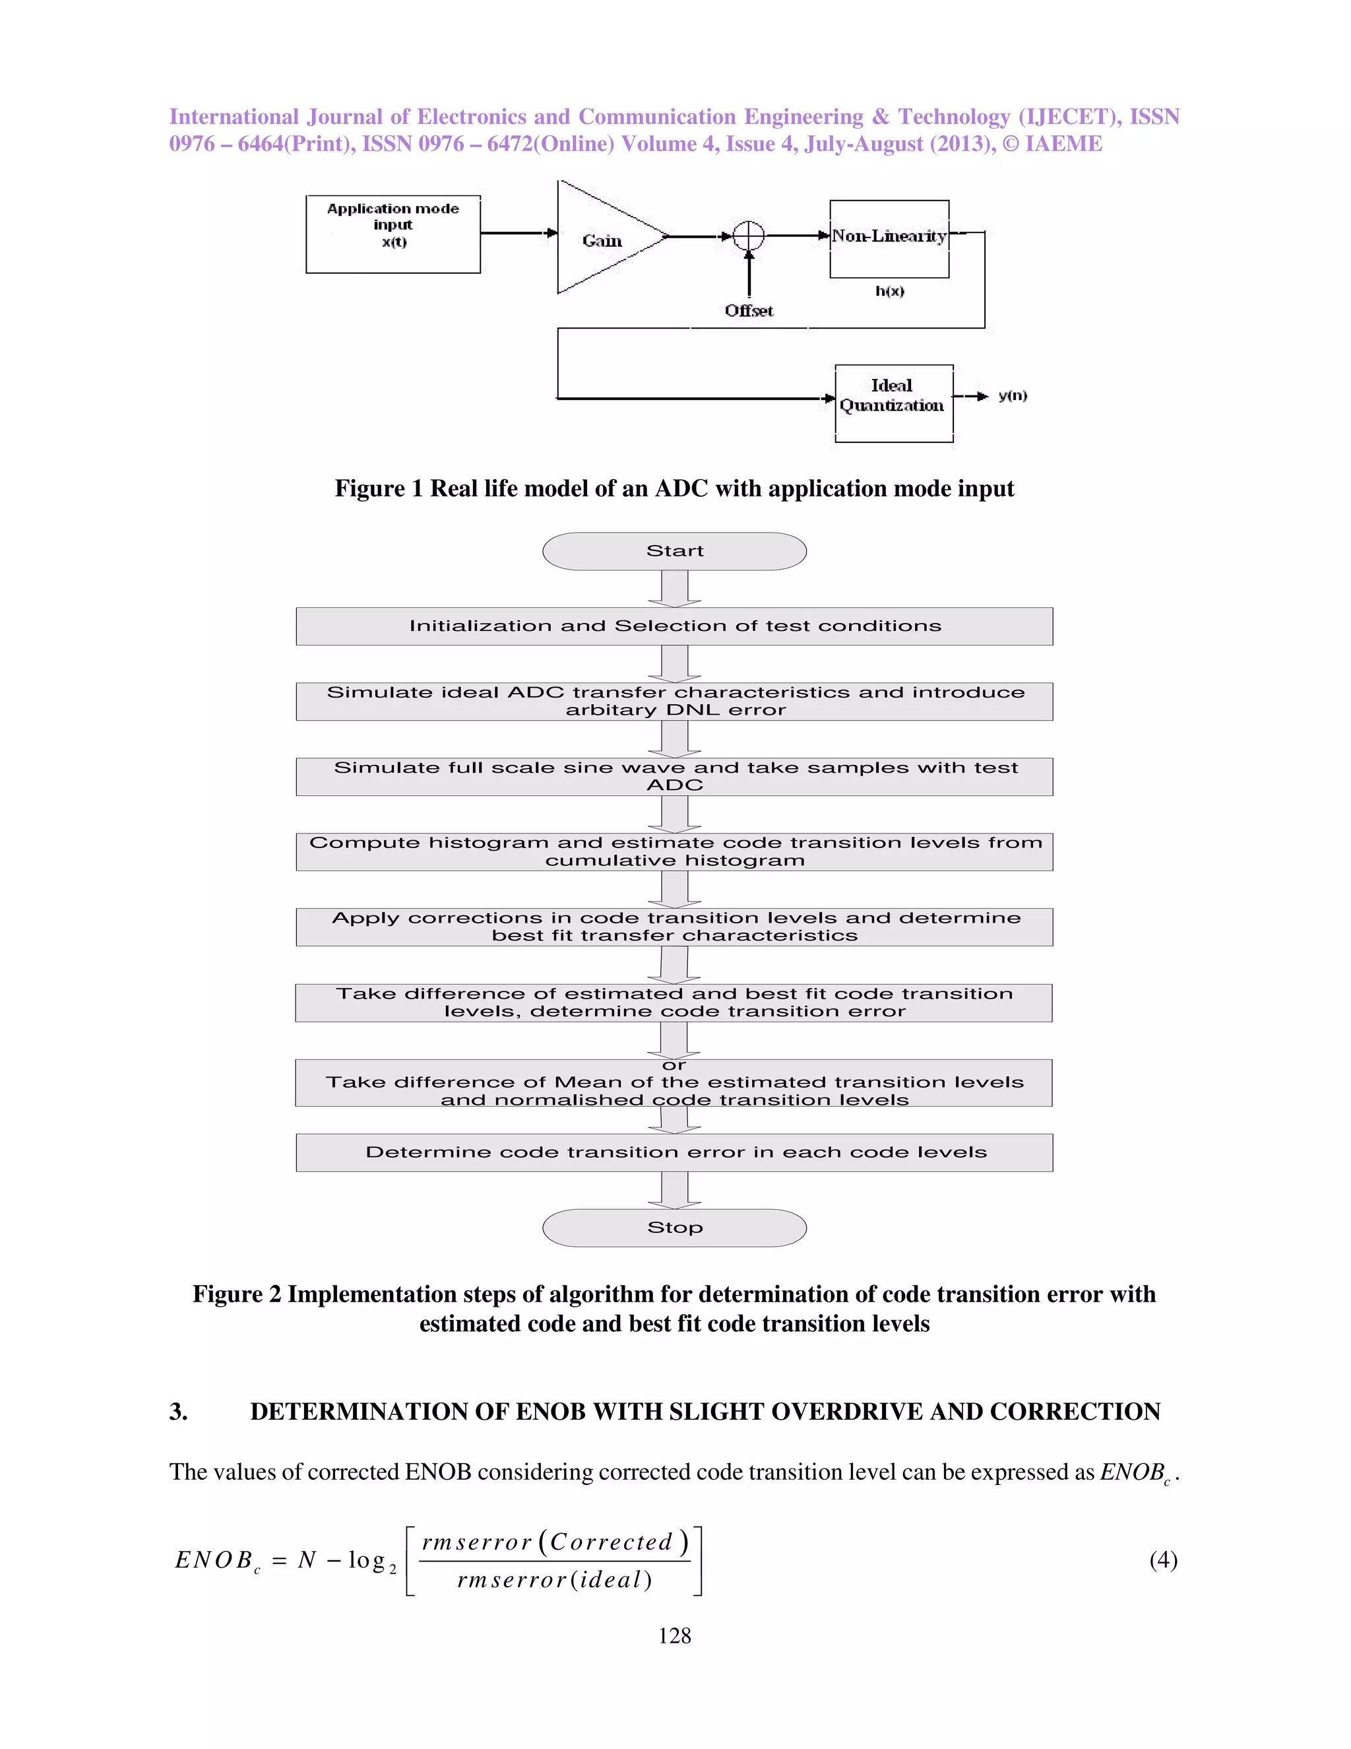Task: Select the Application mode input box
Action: pyautogui.click(x=393, y=234)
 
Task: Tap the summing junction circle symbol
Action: pyautogui.click(x=749, y=236)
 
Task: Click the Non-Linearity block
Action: pyautogui.click(x=889, y=238)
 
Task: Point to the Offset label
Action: pyautogui.click(x=749, y=311)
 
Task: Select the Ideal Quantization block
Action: pyautogui.click(x=893, y=403)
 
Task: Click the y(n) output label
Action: pyautogui.click(x=1013, y=395)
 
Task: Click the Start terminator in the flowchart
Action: pyautogui.click(x=675, y=551)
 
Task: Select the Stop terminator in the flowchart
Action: pyautogui.click(x=675, y=1228)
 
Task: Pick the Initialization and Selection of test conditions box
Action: pyautogui.click(x=675, y=626)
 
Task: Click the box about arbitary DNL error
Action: pyautogui.click(x=675, y=702)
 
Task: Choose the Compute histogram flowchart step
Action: pyautogui.click(x=675, y=851)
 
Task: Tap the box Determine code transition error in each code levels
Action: pyautogui.click(x=675, y=1152)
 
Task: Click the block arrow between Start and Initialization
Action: pyautogui.click(x=675, y=589)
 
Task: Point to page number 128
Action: pyautogui.click(x=674, y=1636)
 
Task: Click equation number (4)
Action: pyautogui.click(x=1163, y=1560)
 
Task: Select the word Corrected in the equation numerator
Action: pyautogui.click(x=612, y=1542)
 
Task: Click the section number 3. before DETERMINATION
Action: pyautogui.click(x=179, y=1412)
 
